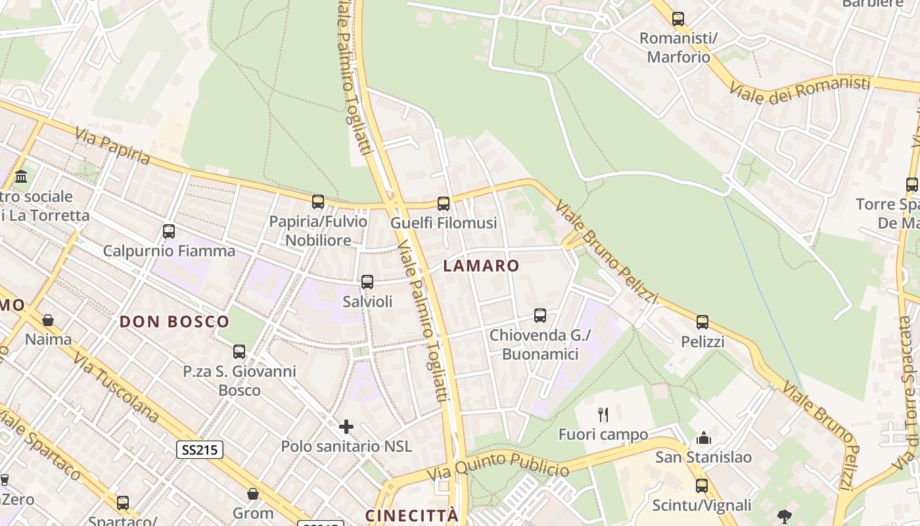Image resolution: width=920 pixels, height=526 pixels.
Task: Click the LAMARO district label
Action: pos(481,266)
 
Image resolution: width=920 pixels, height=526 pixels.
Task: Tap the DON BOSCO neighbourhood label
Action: pos(174,322)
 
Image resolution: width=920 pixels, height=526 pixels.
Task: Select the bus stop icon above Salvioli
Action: pos(367,282)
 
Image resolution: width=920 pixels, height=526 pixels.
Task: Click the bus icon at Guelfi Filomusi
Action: pos(444,204)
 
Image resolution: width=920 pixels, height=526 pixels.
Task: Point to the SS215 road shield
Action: pos(200,450)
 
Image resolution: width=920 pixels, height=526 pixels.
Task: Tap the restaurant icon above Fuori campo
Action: pos(603,414)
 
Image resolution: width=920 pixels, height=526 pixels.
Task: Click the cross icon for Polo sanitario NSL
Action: pos(346,427)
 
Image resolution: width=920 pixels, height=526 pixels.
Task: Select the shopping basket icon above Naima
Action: pos(48,320)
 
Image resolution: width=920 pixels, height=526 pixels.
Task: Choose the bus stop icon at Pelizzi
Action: pos(702,322)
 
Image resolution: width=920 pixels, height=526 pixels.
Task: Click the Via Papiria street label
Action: pos(112,146)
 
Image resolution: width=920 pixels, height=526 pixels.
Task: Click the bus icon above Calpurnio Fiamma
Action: pos(169,231)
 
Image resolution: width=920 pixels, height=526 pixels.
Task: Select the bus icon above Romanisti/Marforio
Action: pos(678,19)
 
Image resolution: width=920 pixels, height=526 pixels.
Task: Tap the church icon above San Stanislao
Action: pos(704,437)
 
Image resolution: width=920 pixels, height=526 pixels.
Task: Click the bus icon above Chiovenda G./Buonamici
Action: pos(540,316)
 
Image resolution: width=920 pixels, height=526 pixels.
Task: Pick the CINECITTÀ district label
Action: pos(411,515)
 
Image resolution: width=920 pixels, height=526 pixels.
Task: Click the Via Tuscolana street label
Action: pos(116,387)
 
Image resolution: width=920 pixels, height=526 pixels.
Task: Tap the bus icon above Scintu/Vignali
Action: pos(702,486)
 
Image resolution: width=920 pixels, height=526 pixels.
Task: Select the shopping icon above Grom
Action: pos(253,493)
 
